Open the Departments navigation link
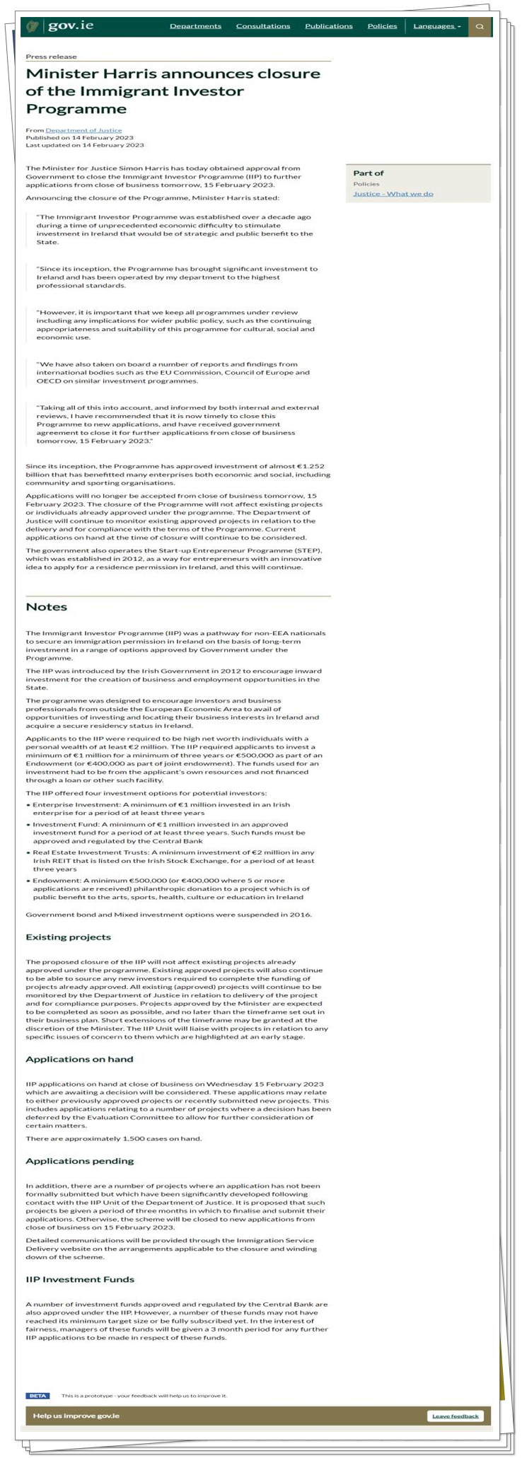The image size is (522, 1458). coord(195,26)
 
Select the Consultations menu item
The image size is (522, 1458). coord(263,26)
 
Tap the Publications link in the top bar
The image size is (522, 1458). coord(329,26)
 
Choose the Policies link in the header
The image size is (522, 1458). coord(382,26)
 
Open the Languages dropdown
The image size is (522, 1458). coord(436,26)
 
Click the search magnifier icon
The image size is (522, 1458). coord(480,27)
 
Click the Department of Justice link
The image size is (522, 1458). coord(83,130)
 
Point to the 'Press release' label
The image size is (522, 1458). coord(51,57)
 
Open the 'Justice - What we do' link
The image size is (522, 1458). coord(393,194)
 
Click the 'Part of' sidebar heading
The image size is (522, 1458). coord(369,173)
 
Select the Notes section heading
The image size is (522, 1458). coord(47,607)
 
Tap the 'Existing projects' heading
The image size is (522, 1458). coord(68,937)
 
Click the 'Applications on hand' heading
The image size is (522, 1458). coord(79,1059)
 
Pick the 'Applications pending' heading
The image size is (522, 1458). coord(79,1161)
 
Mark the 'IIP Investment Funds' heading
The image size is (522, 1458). coord(80,1280)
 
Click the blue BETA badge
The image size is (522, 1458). coord(37,1396)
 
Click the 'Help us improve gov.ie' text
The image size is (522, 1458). coord(76,1416)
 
